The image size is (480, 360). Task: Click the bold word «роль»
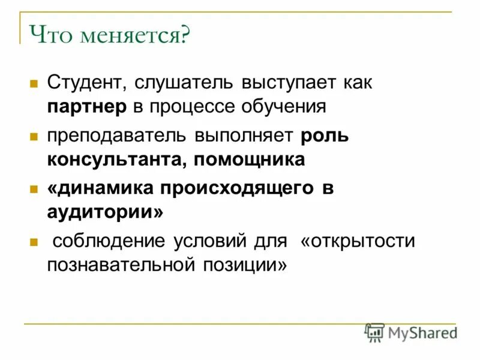325,135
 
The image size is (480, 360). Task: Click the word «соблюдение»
109,241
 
